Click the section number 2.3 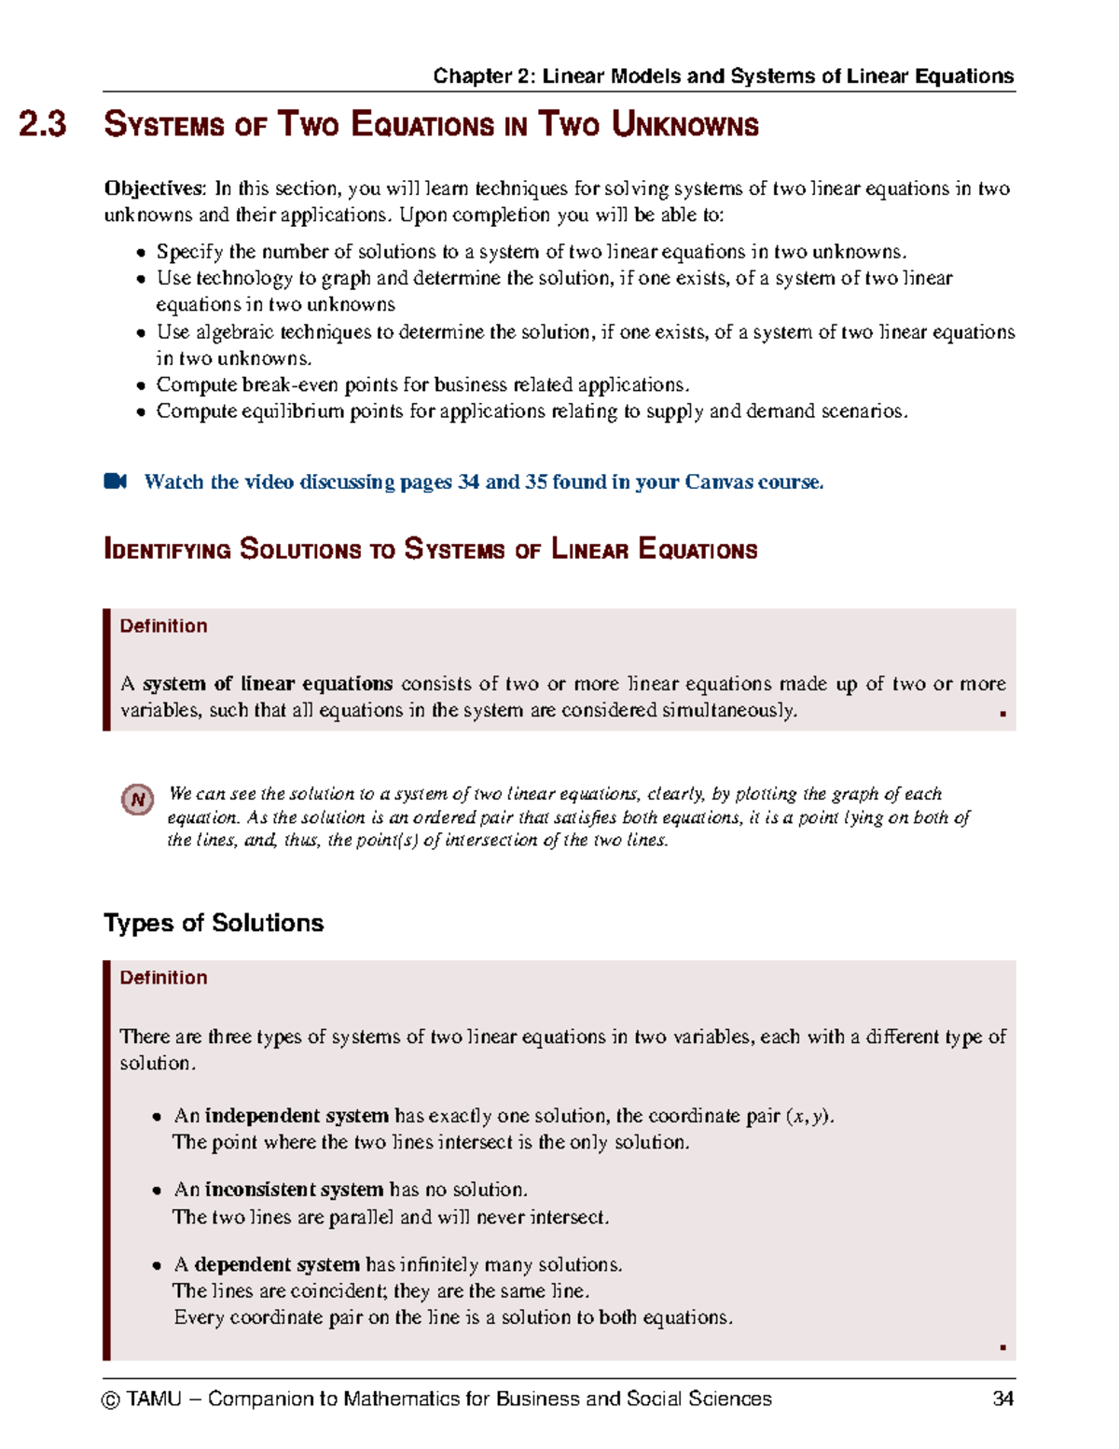point(43,125)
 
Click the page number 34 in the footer point(1002,1399)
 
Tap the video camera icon point(115,481)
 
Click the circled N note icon point(138,800)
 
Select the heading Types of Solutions point(214,923)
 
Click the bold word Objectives point(154,188)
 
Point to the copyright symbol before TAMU point(111,1400)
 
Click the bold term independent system point(296,1116)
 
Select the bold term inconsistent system point(294,1190)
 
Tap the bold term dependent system point(276,1264)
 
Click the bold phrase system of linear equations point(268,684)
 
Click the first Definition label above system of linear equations point(163,626)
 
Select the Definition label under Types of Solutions point(163,978)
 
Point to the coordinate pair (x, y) point(808,1116)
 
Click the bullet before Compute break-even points point(141,385)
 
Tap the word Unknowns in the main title point(684,125)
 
